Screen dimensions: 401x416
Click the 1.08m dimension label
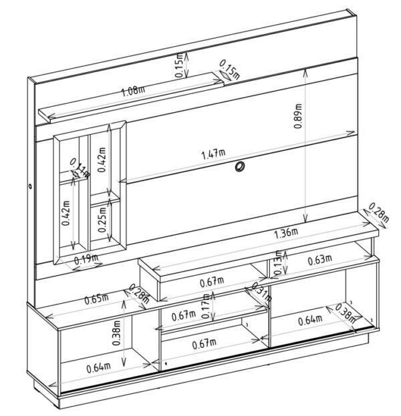[133, 91]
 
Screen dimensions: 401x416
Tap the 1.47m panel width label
[213, 154]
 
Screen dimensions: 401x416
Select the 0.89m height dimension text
[298, 116]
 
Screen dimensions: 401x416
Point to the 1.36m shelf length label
[286, 234]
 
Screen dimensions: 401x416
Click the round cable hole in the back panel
[240, 167]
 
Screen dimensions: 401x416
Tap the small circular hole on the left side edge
[30, 186]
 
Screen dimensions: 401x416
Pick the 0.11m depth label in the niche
[80, 168]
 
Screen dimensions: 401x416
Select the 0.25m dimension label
[102, 219]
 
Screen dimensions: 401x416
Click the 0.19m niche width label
[86, 259]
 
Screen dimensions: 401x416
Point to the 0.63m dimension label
[319, 260]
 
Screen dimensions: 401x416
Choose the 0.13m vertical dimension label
[278, 262]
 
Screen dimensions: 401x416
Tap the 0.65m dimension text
[96, 299]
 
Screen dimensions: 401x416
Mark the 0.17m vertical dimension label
[206, 306]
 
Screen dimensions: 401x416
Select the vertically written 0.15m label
[180, 65]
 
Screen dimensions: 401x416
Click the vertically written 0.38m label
[116, 333]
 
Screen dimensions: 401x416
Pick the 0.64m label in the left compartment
[98, 367]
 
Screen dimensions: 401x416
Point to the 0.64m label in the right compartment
[310, 320]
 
